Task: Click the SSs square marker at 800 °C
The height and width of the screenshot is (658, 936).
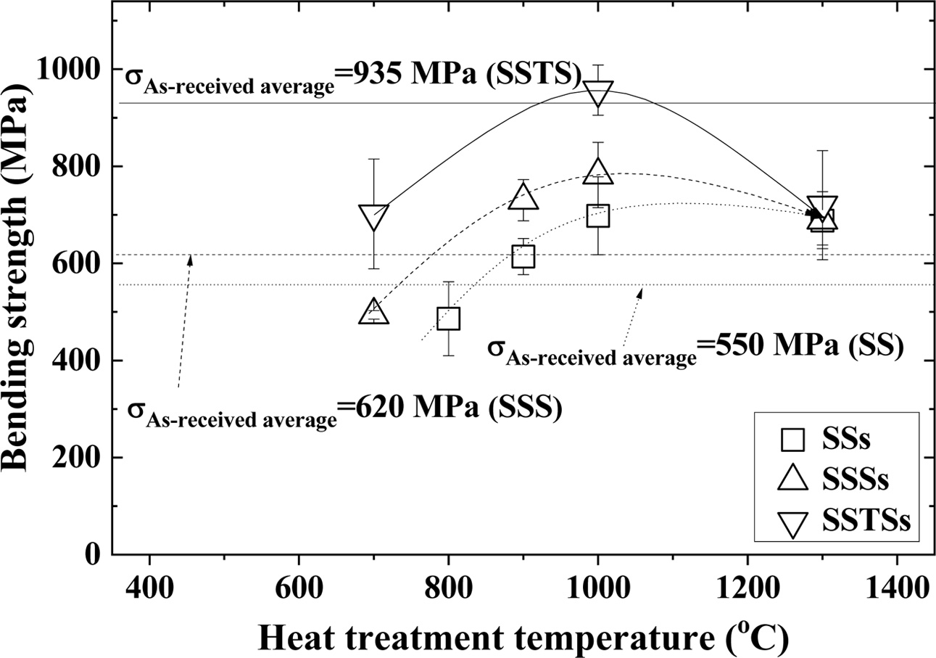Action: click(448, 318)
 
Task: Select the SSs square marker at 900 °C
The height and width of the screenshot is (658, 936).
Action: click(523, 256)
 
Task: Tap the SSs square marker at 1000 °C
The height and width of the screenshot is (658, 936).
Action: click(597, 215)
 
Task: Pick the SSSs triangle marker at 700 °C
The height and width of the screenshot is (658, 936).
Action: click(373, 312)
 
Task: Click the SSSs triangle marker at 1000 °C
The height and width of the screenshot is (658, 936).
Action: click(597, 171)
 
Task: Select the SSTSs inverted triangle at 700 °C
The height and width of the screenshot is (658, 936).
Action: click(373, 216)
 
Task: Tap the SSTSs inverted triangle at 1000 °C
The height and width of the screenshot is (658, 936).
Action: click(597, 94)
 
